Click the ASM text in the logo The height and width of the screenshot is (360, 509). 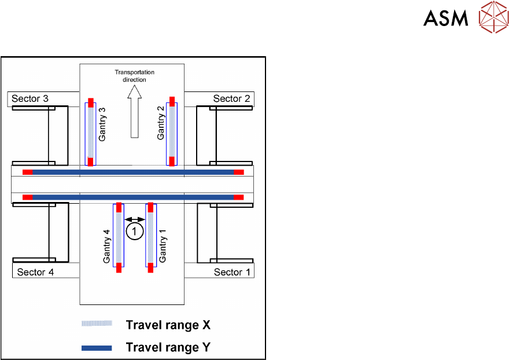click(445, 19)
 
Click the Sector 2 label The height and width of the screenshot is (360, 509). click(231, 99)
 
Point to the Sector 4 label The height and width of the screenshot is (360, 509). click(35, 272)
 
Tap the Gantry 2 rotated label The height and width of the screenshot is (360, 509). click(161, 123)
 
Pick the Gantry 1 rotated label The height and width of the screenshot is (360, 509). click(163, 246)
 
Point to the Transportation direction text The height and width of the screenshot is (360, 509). click(134, 76)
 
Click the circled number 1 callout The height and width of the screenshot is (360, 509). click(134, 232)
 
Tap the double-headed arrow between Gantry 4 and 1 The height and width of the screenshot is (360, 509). click(135, 219)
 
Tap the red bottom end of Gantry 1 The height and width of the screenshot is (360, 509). click(150, 267)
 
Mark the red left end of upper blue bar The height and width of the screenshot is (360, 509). click(27, 172)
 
